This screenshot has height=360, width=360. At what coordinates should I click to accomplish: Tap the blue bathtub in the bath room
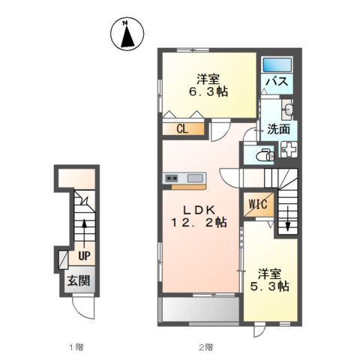(x=278, y=64)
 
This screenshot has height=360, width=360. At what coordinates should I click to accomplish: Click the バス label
(x=278, y=82)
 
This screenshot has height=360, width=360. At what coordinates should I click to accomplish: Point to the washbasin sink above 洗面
(x=290, y=109)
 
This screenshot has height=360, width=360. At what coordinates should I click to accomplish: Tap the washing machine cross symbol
(x=289, y=149)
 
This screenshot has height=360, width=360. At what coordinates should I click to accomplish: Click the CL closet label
(x=182, y=129)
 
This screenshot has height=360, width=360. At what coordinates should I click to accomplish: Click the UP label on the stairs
(x=85, y=256)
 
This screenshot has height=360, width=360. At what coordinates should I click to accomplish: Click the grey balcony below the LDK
(x=199, y=310)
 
